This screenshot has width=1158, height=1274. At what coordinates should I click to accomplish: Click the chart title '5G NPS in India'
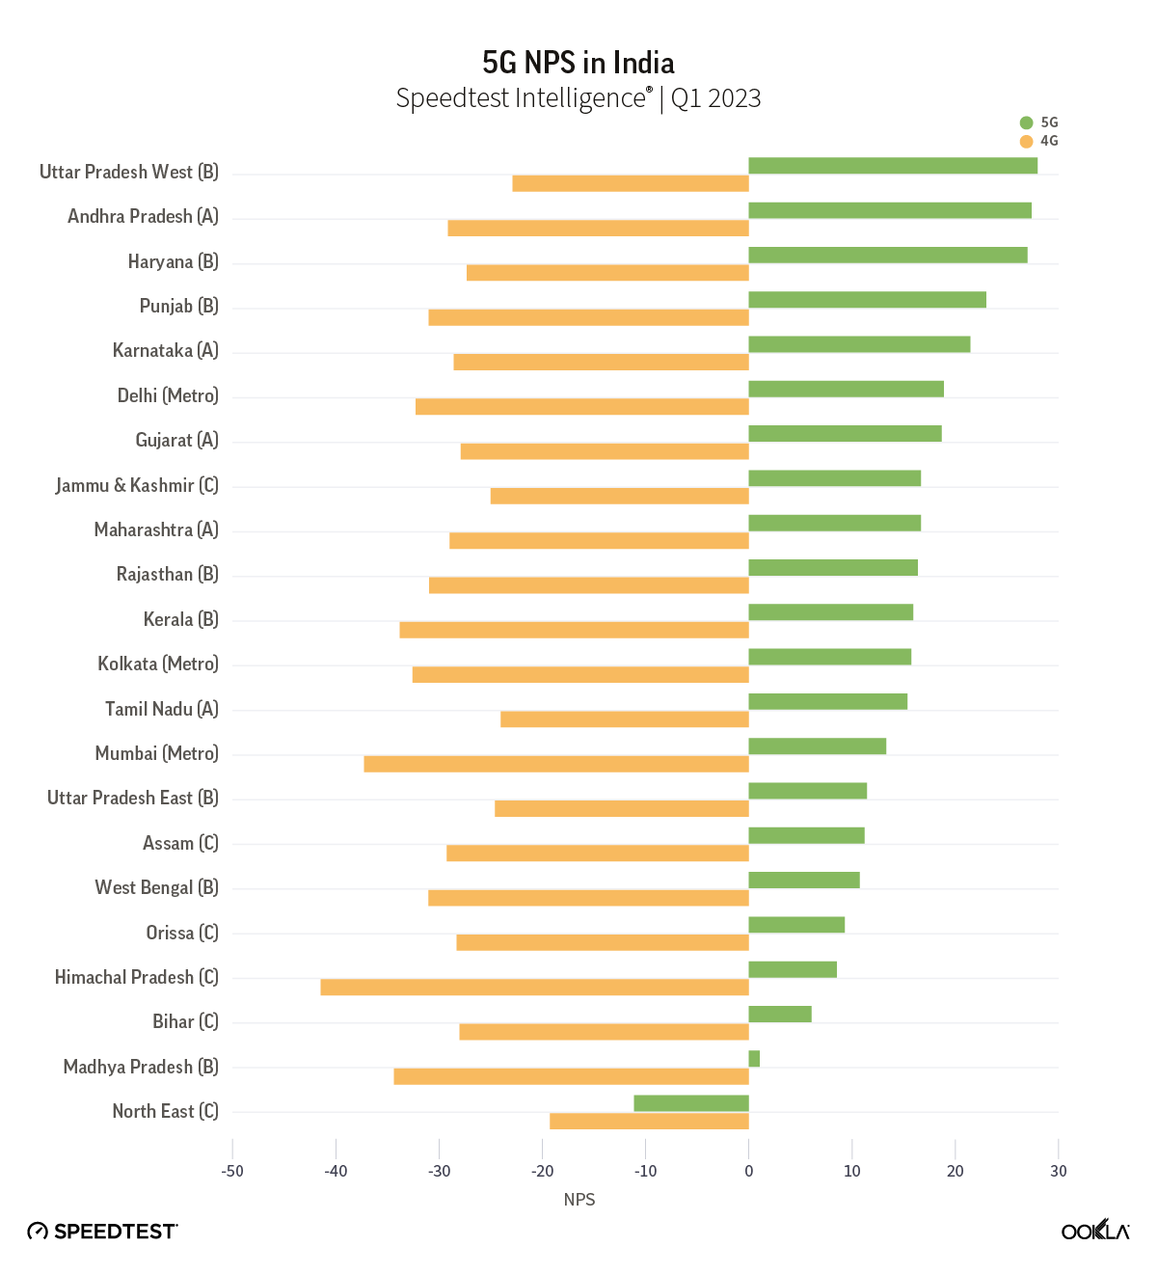[579, 63]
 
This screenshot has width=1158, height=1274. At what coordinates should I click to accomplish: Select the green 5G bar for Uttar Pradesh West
[893, 166]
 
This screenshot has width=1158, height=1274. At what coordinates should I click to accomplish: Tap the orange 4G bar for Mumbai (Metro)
[556, 764]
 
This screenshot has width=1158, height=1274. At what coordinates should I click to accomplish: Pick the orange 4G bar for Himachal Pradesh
[535, 988]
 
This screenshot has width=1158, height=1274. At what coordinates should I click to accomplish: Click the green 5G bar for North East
[691, 1103]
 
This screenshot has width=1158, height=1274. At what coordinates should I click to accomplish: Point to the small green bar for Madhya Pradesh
[754, 1059]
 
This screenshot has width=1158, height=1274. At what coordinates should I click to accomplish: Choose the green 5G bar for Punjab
[867, 300]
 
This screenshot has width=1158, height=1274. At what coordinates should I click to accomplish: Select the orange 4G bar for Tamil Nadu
[625, 719]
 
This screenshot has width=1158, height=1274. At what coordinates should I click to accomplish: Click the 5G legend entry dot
[1026, 122]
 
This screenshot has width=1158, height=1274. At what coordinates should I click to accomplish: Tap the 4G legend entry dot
[1026, 141]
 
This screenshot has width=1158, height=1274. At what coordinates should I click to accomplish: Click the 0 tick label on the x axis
[749, 1171]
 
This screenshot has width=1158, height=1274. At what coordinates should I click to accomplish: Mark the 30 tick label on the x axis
[1059, 1171]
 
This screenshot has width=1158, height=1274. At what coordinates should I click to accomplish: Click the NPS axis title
[579, 1200]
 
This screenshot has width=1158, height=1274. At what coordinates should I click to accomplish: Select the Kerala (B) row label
[180, 619]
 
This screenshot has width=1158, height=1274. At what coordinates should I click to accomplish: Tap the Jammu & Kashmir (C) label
[137, 485]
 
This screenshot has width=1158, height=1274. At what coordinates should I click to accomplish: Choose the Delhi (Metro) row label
[168, 395]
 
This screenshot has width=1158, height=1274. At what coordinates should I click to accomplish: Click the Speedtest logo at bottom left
[102, 1231]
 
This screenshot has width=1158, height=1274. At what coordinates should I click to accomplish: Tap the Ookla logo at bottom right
[1095, 1231]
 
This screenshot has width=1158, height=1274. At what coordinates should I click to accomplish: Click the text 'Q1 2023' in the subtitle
[716, 98]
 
